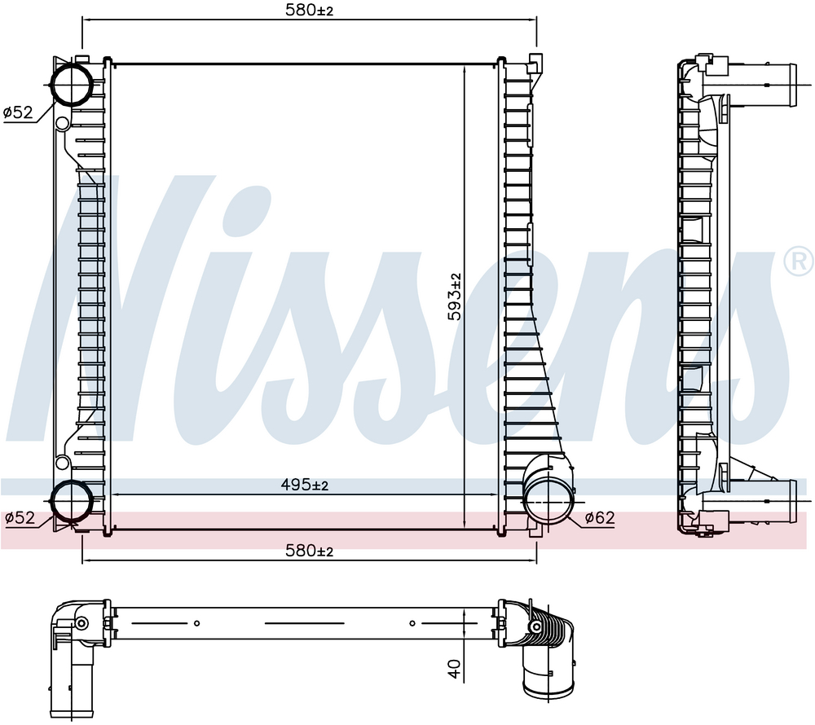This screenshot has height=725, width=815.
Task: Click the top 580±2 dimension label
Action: click(309, 10)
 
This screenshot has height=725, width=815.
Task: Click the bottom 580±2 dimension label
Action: click(309, 550)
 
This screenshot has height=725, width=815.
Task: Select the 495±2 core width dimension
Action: click(305, 485)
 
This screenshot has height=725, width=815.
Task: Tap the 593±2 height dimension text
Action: click(455, 297)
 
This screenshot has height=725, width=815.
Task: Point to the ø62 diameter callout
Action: click(600, 517)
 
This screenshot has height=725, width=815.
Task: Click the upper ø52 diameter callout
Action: click(18, 112)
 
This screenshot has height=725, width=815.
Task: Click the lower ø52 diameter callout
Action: click(20, 518)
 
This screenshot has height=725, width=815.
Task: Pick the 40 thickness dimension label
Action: click(455, 669)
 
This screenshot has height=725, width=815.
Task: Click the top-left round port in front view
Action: click(72, 84)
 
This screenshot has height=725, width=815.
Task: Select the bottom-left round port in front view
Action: click(72, 500)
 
